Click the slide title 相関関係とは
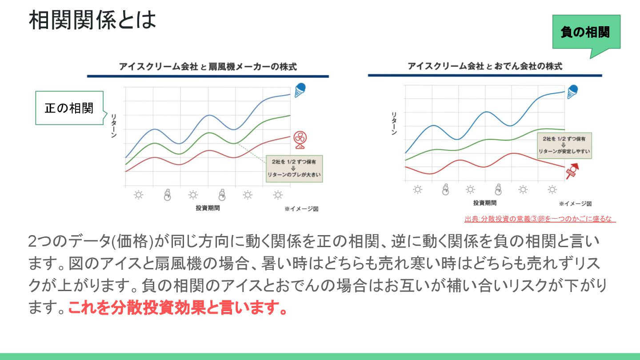[x=92, y=20]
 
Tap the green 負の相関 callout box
[x=585, y=32]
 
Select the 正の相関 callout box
[x=69, y=108]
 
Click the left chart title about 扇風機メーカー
[x=208, y=67]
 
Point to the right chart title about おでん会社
[x=485, y=66]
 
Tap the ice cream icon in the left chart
[x=300, y=90]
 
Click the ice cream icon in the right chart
[x=572, y=91]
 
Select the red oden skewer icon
[x=572, y=171]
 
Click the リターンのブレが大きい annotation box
[x=294, y=168]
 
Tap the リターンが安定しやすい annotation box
[x=564, y=145]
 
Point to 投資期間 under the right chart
[x=485, y=203]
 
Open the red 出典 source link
[x=540, y=219]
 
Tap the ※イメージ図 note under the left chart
[x=301, y=208]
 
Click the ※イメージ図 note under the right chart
[x=575, y=204]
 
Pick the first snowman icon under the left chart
[x=167, y=195]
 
